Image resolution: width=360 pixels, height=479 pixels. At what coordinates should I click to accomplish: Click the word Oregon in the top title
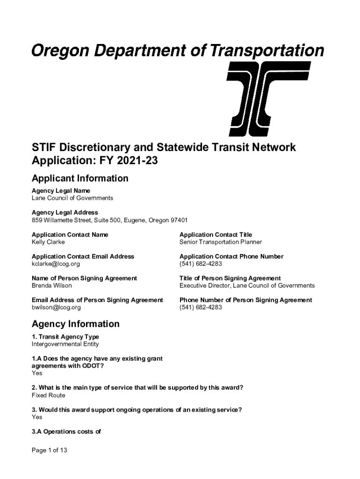pos(61,51)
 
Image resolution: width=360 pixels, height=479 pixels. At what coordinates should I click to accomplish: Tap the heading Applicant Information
pos(79,178)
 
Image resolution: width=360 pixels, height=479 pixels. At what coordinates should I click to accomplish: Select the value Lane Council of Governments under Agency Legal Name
pos(72,198)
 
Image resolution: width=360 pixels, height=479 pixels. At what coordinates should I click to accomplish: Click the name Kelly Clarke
pos(48,242)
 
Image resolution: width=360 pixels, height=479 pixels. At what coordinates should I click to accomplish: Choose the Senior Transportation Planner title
pos(220,242)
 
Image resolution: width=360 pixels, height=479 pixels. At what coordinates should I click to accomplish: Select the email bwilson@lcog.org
pos(56,307)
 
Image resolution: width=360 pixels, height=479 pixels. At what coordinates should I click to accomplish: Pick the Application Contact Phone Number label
pos(231,256)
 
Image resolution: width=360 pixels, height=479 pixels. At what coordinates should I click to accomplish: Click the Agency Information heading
pos(75,324)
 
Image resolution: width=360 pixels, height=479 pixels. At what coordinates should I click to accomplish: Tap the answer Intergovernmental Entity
pos(65,344)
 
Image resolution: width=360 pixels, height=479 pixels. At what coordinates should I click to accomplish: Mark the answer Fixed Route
pos(48,395)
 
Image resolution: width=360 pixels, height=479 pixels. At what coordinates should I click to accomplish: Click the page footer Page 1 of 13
pos(50,450)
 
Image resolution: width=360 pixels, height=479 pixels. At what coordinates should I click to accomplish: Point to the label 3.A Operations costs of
pos(66,432)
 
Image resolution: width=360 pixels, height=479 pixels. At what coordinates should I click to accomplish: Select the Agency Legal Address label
pos(65,212)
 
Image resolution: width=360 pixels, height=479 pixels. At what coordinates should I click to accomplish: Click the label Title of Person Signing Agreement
pos(230,278)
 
